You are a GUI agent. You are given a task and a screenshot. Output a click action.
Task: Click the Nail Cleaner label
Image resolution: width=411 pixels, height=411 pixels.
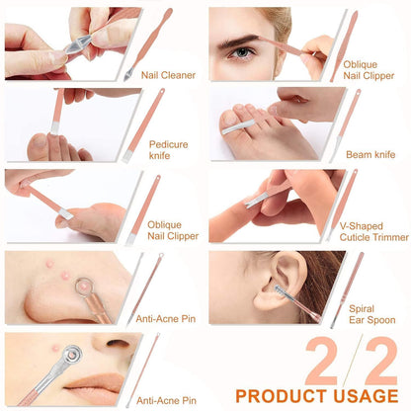(168, 75)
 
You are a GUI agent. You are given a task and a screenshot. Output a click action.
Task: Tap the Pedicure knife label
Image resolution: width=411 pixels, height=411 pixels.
(169, 150)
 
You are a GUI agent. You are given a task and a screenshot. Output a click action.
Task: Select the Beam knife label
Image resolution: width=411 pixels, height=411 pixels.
(370, 154)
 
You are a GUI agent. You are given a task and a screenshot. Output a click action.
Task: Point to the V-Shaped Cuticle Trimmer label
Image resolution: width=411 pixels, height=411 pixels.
(374, 231)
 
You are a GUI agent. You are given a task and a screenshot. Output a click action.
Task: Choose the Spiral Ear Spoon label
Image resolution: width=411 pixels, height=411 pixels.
(372, 314)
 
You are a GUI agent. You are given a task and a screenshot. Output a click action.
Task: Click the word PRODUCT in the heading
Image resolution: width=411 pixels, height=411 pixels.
(281, 396)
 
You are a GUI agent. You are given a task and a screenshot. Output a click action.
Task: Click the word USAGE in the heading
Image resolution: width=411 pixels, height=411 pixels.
(366, 396)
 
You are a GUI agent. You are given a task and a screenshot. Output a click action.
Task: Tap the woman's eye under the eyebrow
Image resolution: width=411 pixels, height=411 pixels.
(242, 52)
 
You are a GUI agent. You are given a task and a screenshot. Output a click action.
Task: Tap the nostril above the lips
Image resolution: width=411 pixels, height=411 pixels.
(118, 344)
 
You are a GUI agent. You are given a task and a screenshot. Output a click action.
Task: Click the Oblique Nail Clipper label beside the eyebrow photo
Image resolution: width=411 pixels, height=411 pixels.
(369, 70)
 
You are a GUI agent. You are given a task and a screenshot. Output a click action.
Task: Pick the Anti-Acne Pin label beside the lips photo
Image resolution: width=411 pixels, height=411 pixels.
(166, 400)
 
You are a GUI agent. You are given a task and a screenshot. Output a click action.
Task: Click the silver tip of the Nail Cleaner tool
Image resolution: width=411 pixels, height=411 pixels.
(127, 74)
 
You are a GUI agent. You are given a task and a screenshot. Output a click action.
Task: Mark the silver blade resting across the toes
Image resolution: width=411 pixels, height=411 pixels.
(238, 127)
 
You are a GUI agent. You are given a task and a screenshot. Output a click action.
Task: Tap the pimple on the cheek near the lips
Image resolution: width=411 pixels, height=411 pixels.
(55, 347)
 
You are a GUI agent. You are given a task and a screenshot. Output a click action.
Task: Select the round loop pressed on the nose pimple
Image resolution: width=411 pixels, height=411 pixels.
(84, 286)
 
